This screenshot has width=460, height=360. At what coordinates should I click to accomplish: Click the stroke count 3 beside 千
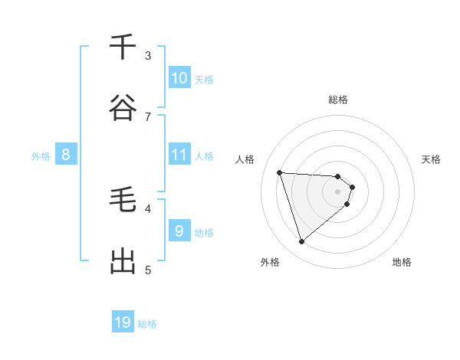[x=148, y=55]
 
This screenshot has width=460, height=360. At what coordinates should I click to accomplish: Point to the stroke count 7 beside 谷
[x=148, y=116]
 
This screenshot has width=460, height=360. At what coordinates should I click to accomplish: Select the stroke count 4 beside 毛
[x=148, y=208]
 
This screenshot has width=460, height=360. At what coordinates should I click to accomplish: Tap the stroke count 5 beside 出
[x=148, y=270]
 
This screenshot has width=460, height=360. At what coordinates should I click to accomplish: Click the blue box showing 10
[x=179, y=78]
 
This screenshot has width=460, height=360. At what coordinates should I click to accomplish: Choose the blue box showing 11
[x=179, y=155]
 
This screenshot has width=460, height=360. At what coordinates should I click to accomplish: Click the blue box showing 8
[x=66, y=155]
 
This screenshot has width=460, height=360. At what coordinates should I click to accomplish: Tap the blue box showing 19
[x=123, y=322]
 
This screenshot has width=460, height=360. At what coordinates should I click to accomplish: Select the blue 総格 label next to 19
[x=147, y=324]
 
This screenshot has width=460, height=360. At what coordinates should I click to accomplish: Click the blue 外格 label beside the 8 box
[x=41, y=156]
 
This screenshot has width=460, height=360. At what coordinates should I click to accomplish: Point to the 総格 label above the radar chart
[x=338, y=100]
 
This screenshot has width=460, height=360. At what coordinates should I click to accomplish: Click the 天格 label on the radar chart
[x=432, y=159]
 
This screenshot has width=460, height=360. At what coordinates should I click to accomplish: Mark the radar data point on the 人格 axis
[x=280, y=172]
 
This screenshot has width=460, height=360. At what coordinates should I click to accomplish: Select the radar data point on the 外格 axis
[x=301, y=242]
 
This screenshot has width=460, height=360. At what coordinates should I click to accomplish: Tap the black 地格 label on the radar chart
[x=402, y=262]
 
